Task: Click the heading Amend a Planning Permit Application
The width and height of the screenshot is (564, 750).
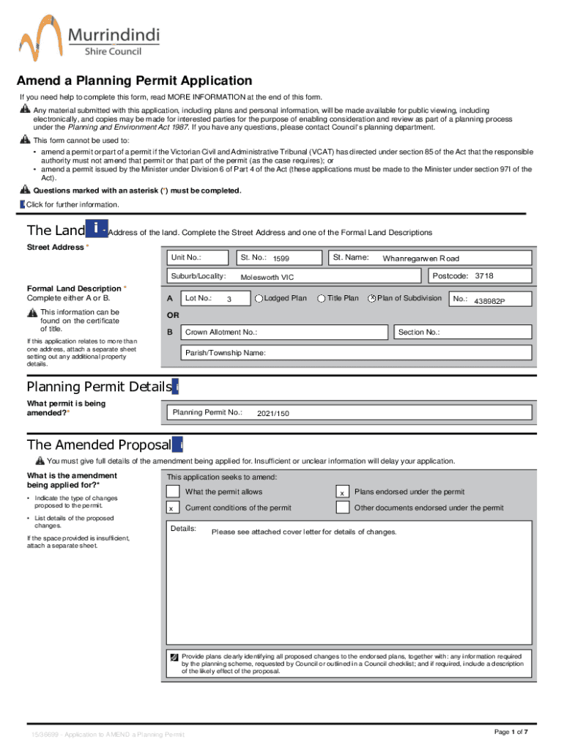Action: (x=135, y=81)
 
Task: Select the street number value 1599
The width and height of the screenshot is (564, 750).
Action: (x=282, y=259)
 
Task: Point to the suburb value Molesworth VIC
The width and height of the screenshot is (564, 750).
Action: (x=267, y=278)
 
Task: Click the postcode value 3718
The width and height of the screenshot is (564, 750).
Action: (x=483, y=276)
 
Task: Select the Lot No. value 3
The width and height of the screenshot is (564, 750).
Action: (x=229, y=300)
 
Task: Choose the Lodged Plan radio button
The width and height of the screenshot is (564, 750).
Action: (x=259, y=299)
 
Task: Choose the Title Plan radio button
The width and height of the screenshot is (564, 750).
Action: (x=322, y=299)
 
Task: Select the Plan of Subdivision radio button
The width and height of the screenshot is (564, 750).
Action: (x=371, y=299)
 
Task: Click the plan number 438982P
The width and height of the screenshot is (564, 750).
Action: (x=489, y=301)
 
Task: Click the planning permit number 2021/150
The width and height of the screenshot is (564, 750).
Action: (x=272, y=414)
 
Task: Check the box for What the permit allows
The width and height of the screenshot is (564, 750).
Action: (x=172, y=492)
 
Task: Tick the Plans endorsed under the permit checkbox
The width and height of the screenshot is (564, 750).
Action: (x=341, y=493)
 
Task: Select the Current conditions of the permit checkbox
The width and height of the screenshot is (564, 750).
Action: (x=172, y=508)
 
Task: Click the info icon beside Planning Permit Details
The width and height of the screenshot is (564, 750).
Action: (x=176, y=387)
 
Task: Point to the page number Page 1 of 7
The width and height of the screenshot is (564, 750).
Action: (x=511, y=732)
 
